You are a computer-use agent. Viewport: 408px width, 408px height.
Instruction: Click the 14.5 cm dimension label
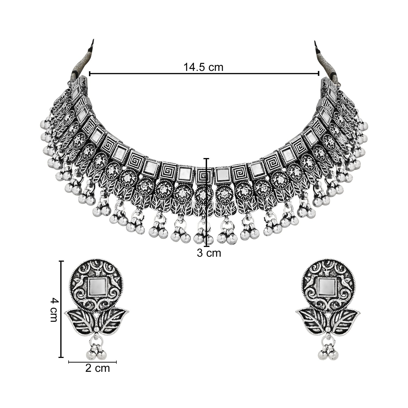click(x=203, y=67)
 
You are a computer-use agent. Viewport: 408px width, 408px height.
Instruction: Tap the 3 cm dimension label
click(x=209, y=253)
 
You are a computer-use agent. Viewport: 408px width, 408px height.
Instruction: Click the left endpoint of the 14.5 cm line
click(x=89, y=73)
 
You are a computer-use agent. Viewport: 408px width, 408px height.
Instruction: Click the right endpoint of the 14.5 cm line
click(x=319, y=73)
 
